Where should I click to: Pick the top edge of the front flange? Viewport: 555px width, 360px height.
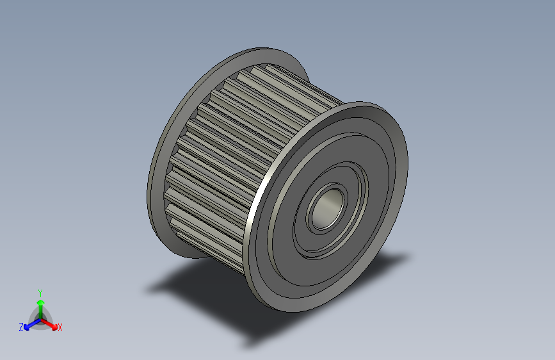click(x=365, y=104)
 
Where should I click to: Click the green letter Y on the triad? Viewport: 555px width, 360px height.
click(x=40, y=292)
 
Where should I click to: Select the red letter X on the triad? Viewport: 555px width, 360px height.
click(x=60, y=327)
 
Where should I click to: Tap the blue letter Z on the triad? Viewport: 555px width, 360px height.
click(x=21, y=327)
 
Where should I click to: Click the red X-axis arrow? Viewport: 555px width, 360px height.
click(x=51, y=323)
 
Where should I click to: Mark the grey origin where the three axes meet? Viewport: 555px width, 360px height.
click(x=40, y=318)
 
